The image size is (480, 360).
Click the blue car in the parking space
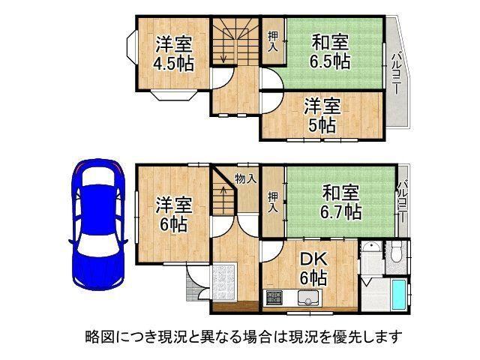pos(98,224)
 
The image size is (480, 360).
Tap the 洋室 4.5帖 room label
pos(173,53)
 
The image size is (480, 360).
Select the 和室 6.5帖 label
pos(330,52)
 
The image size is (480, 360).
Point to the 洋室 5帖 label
pos(322,115)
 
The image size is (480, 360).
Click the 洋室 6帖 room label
pos(173,214)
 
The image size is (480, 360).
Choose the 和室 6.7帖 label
pos(340,202)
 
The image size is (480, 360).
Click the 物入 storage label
pos(246,178)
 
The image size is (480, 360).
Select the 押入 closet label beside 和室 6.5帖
pos(273,41)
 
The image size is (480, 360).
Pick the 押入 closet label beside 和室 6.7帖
pos(273,202)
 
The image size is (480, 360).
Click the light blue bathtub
pos(398,295)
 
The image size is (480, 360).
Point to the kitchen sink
pos(308,298)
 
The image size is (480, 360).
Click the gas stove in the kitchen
pos(273,298)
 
